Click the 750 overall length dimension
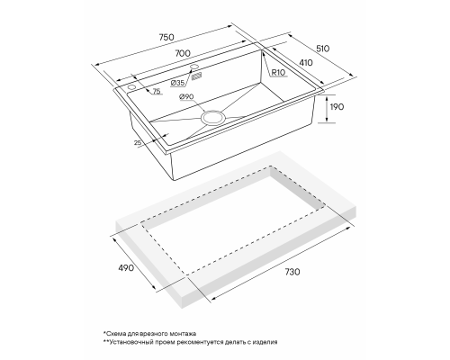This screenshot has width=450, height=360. tap(166, 37)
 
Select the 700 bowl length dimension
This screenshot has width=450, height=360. tap(183, 53)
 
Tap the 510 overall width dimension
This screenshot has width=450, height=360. tap(322, 49)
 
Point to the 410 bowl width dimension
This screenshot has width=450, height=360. tap(306, 63)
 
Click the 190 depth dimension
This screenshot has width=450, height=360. tap(337, 107)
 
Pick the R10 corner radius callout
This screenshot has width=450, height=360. tap(278, 73)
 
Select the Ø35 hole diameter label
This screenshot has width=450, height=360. tap(177, 83)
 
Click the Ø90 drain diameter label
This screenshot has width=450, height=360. tap(186, 96)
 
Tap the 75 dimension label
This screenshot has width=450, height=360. tap(157, 92)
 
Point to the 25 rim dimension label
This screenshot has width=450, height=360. tap(138, 143)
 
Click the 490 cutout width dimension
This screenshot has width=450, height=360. tap(126, 267)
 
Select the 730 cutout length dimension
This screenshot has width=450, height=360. tap(292, 272)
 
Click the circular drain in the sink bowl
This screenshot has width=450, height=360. tap(212, 117)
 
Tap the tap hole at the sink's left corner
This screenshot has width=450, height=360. tap(131, 87)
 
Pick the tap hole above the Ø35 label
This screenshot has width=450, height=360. tap(194, 67)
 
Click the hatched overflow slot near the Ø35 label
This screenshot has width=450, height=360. tap(196, 76)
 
